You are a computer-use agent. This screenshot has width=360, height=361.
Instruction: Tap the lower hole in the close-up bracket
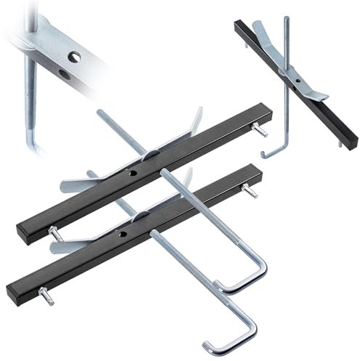64,74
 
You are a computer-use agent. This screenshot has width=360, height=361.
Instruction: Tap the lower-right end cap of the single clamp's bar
351,142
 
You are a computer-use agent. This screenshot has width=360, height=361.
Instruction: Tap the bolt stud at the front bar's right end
249,192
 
